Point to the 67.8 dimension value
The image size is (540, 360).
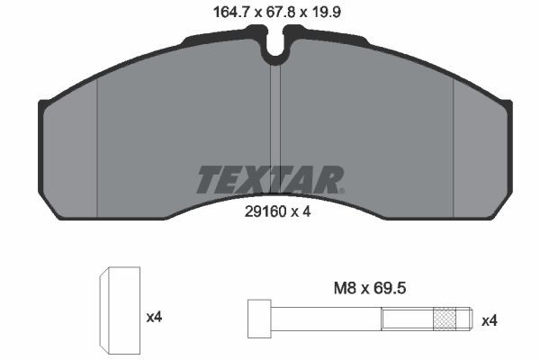point(279,13)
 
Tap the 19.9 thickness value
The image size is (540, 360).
point(325,13)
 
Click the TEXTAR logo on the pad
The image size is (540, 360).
point(270,179)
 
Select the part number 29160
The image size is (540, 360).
point(265,211)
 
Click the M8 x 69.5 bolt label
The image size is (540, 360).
point(370,288)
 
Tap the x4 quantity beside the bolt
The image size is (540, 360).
point(489,321)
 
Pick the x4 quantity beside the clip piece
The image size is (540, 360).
point(154,317)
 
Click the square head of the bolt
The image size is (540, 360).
point(259,319)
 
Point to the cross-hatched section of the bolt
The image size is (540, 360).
point(445,319)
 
